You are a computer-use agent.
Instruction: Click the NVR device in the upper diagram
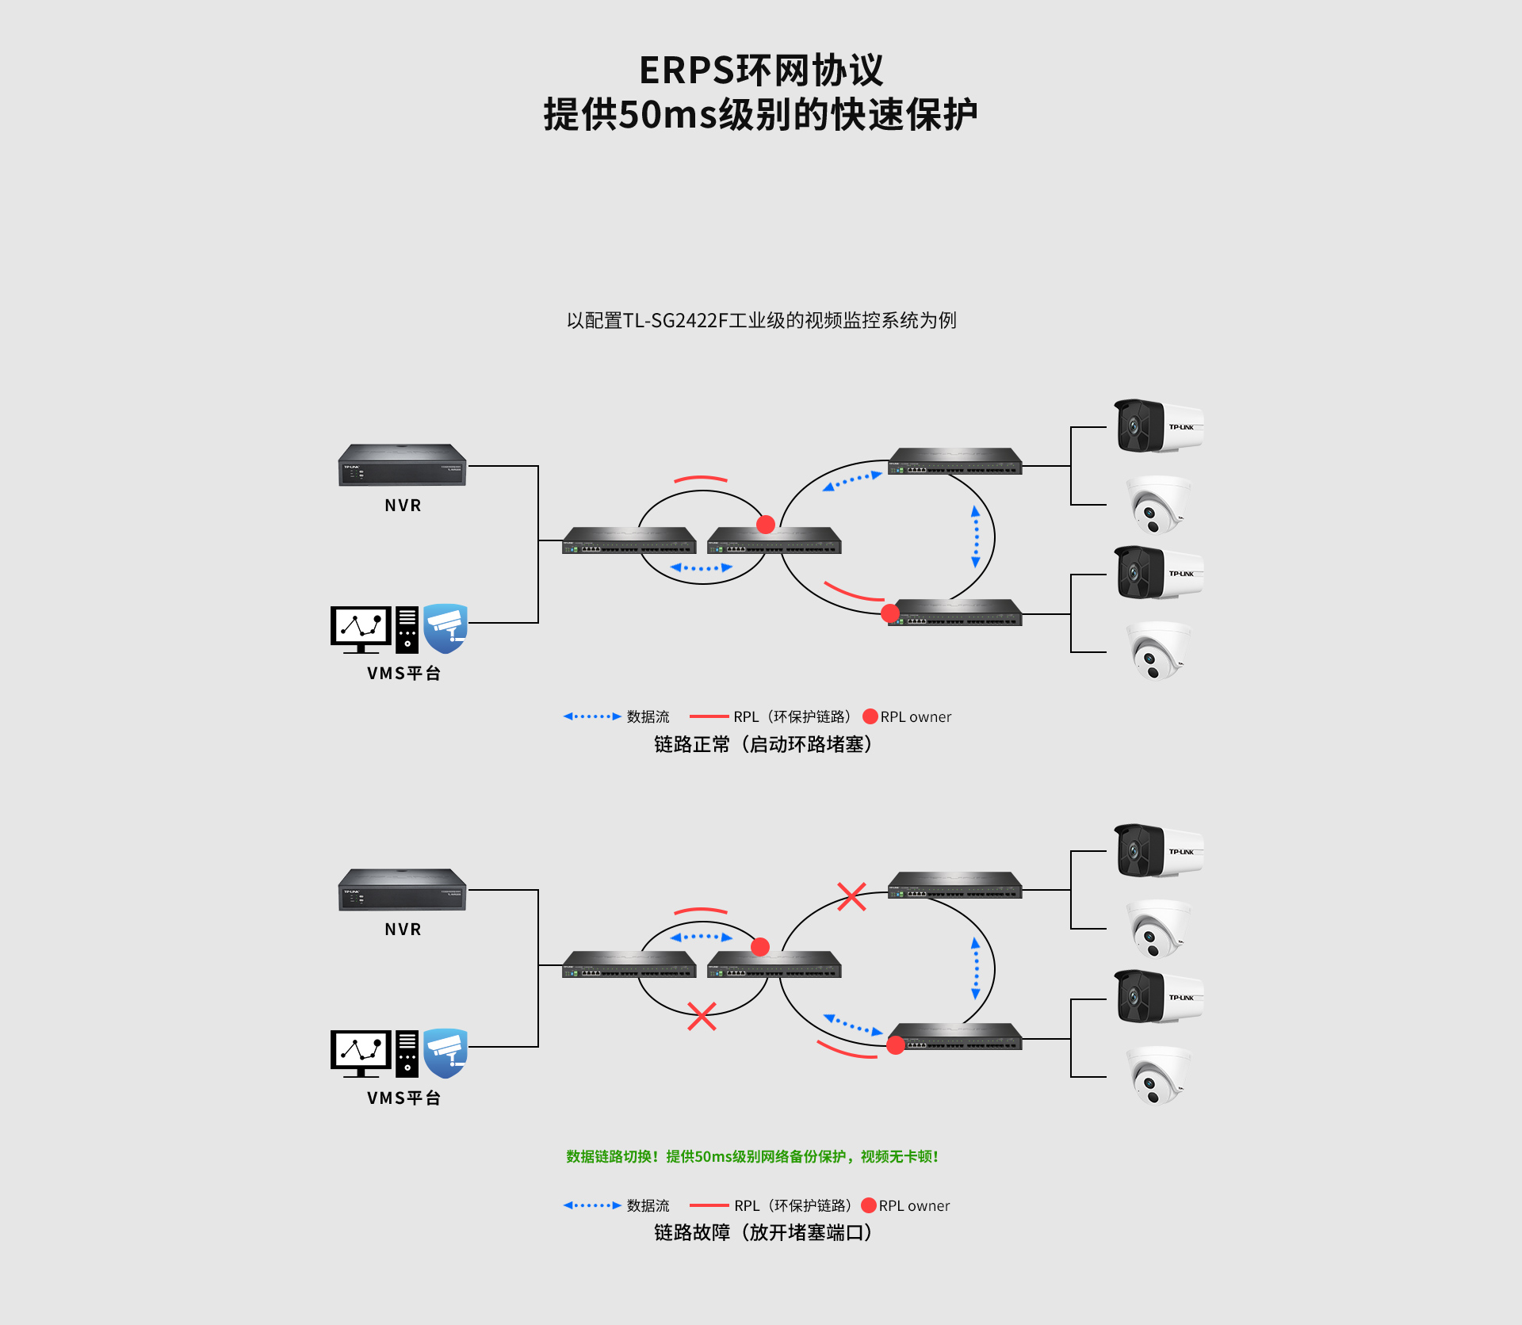[x=403, y=464]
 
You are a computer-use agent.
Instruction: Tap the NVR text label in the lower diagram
[x=403, y=929]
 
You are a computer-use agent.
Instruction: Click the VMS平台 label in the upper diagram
[x=403, y=673]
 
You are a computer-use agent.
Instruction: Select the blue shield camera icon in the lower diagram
[x=446, y=1053]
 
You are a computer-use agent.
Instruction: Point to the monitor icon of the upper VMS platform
[x=361, y=629]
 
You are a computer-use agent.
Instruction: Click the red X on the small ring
[x=702, y=1016]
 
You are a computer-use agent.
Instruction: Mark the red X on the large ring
[x=851, y=896]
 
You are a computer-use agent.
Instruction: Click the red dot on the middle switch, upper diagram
[x=766, y=524]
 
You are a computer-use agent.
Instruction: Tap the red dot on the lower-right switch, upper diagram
[x=890, y=613]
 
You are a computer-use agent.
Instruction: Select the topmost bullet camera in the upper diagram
[x=1159, y=426]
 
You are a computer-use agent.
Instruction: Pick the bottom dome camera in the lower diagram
[x=1158, y=1075]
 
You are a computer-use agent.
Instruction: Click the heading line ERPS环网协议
[x=761, y=71]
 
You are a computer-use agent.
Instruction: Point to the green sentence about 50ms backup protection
[x=752, y=1156]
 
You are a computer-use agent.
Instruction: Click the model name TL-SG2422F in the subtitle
[x=675, y=320]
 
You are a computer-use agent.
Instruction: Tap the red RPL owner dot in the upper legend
[x=870, y=716]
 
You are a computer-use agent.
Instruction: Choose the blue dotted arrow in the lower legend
[x=592, y=1205]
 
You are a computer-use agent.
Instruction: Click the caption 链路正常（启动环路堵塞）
[x=763, y=744]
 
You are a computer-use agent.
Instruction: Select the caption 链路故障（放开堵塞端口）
[x=763, y=1232]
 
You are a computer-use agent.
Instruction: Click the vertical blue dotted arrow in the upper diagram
[x=976, y=537]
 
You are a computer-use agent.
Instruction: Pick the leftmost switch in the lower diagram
[x=629, y=964]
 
